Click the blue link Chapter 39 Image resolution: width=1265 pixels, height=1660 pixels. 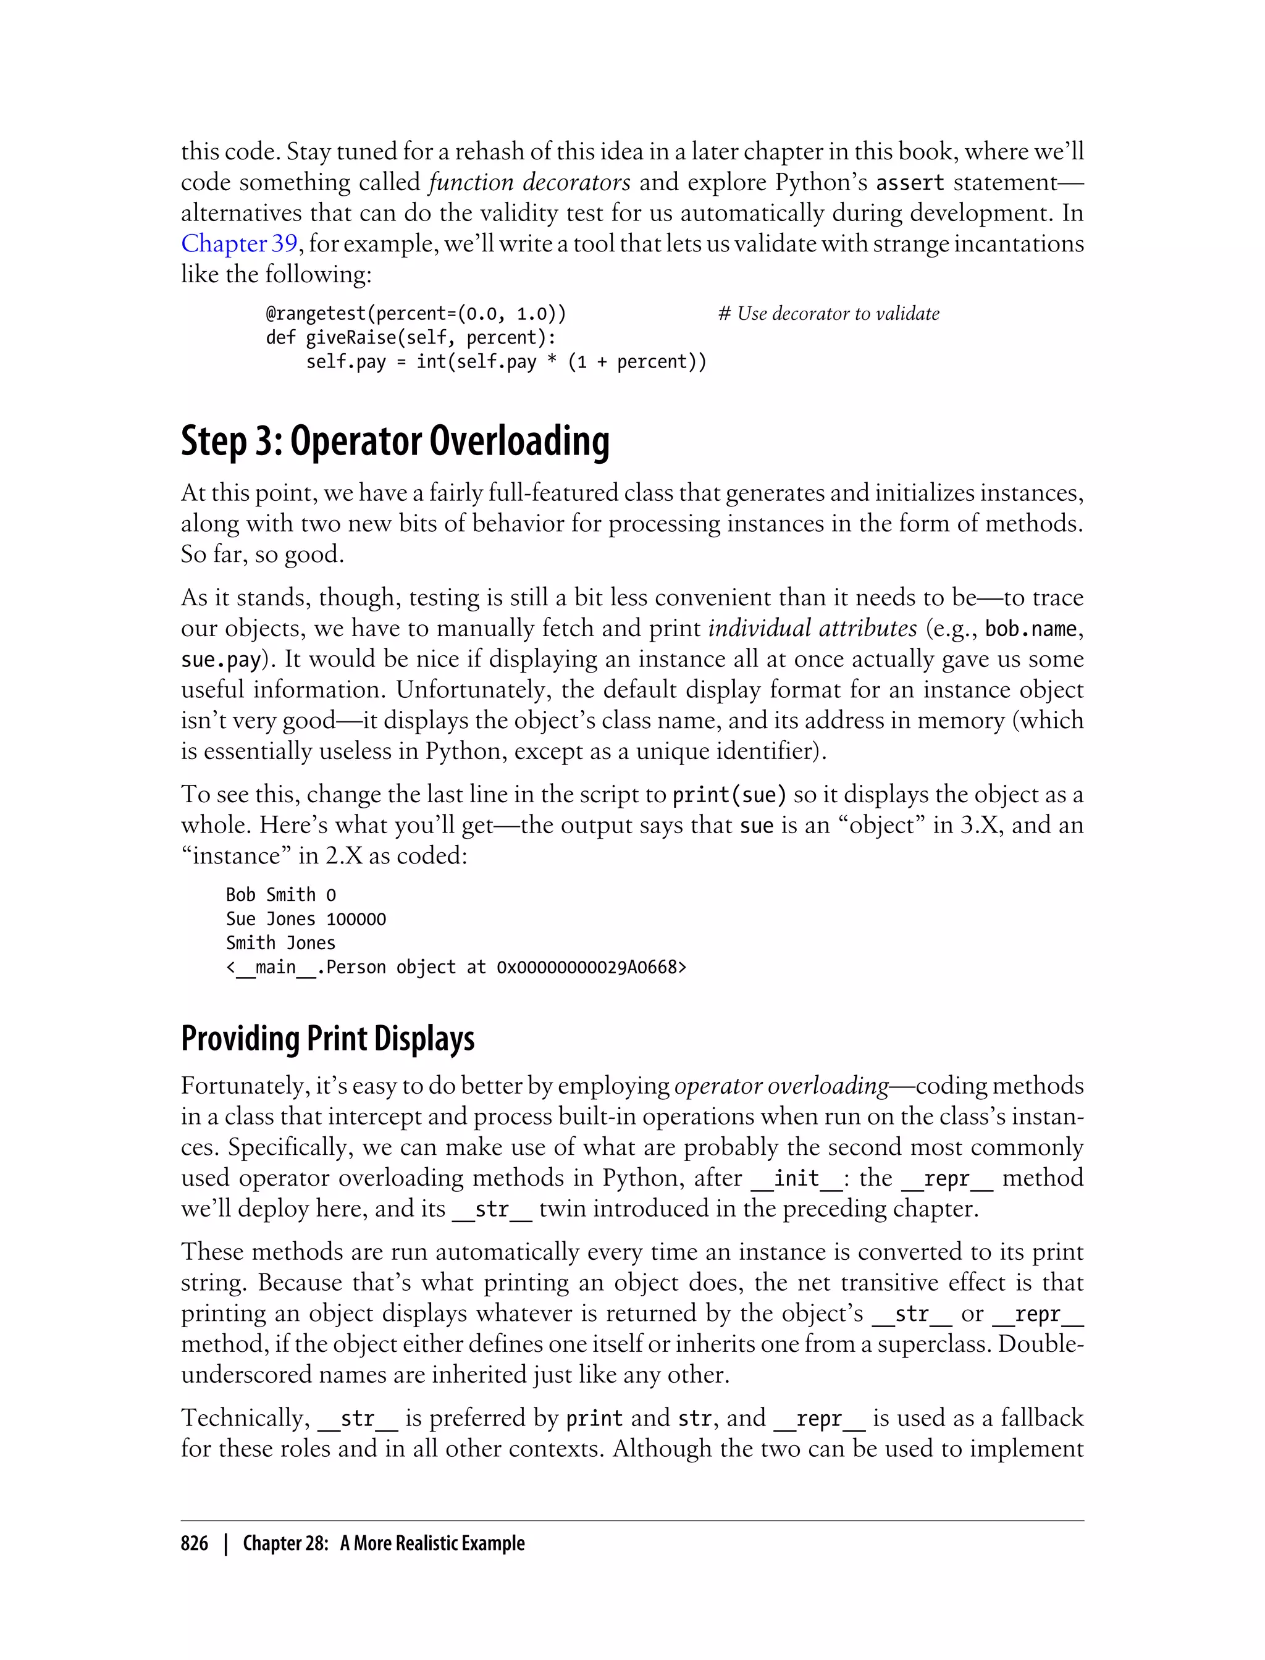click(x=238, y=244)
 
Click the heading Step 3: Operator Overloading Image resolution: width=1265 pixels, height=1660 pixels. click(x=395, y=442)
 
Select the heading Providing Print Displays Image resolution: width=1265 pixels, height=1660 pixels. click(x=327, y=1038)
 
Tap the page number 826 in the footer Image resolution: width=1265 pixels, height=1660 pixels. click(x=195, y=1543)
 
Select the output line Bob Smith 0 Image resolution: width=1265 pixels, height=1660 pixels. click(x=281, y=895)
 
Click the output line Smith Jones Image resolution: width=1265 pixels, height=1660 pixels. click(x=281, y=943)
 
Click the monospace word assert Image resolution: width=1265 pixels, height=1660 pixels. click(x=910, y=183)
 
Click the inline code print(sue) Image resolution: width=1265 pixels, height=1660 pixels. click(x=729, y=795)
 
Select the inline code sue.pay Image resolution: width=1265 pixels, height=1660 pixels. click(x=221, y=660)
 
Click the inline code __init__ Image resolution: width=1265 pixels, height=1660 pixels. click(x=797, y=1178)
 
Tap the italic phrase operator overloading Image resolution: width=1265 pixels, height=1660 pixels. click(x=781, y=1086)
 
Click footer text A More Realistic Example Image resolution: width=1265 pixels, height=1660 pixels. click(x=432, y=1543)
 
